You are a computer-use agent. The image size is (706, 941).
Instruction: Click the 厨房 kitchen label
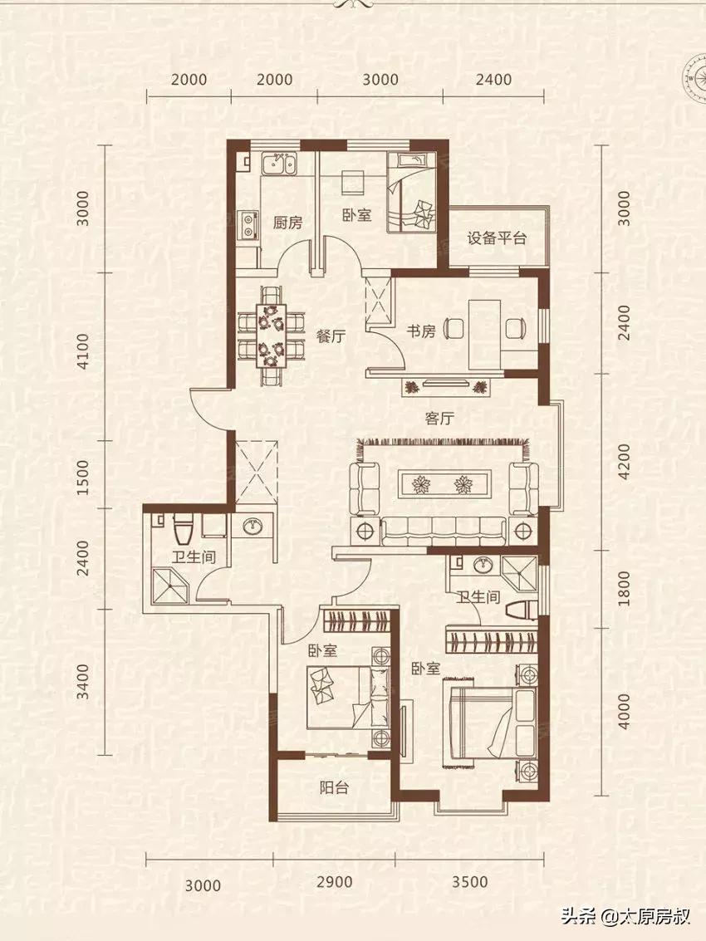(x=287, y=223)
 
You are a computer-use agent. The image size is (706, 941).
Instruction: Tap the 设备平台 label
(x=497, y=238)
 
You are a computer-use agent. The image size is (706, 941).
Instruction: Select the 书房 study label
(x=421, y=331)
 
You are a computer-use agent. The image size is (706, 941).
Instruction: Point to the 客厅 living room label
(x=439, y=418)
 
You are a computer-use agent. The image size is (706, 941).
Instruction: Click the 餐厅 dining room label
(x=331, y=336)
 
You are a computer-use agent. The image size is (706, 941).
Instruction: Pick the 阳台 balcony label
(x=334, y=787)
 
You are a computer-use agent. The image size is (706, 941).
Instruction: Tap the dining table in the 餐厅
(x=272, y=336)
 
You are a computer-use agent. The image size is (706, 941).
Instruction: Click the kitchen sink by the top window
(x=278, y=164)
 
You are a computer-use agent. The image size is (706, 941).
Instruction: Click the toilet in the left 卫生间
(x=181, y=528)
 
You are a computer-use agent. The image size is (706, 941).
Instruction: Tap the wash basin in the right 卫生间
(x=481, y=565)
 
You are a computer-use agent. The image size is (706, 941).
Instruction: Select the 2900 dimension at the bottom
(x=334, y=881)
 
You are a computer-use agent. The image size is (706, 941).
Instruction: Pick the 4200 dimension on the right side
(x=624, y=462)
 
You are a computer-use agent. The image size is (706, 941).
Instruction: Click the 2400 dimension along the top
(x=493, y=79)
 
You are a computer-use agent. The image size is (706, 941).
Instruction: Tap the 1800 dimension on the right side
(x=624, y=588)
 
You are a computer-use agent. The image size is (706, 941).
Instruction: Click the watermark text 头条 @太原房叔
(x=625, y=916)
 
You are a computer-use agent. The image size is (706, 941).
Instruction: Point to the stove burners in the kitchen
(x=248, y=223)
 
